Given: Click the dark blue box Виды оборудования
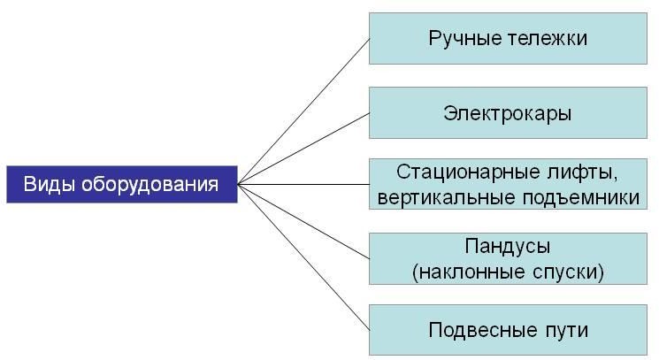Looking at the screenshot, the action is coord(122,184).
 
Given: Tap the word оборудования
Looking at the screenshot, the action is coord(150,185).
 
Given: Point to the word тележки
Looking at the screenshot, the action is coord(548,38).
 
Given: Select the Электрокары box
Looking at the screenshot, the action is coord(508,112).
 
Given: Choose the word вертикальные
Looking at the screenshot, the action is coord(447,197).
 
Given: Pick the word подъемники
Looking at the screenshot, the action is coord(581,198).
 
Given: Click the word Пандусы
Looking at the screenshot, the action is coord(508,247).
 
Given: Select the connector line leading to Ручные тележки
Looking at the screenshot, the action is coord(303,111).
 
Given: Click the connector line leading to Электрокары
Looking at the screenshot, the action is coord(303,149).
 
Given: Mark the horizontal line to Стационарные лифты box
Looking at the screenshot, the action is coord(303,184).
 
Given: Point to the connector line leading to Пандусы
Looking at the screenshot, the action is coord(303,221).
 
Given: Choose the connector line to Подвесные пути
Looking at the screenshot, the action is coord(303,257).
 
